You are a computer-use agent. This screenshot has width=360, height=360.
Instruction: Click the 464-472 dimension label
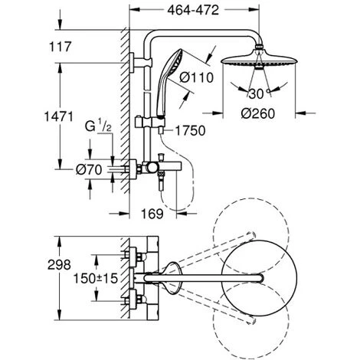[193, 10]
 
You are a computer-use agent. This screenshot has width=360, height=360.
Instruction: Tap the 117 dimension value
[61, 47]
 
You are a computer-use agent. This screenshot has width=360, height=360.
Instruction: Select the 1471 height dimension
[58, 116]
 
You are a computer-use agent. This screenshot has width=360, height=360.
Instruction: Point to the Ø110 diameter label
[196, 77]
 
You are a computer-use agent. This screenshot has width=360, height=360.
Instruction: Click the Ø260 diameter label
[258, 113]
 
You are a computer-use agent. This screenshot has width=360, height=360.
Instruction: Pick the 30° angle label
[259, 93]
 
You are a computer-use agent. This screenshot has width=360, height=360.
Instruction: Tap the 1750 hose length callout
[191, 131]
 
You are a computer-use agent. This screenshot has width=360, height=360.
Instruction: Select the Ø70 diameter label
[89, 169]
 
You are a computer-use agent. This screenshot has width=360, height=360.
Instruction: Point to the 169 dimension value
[152, 214]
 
